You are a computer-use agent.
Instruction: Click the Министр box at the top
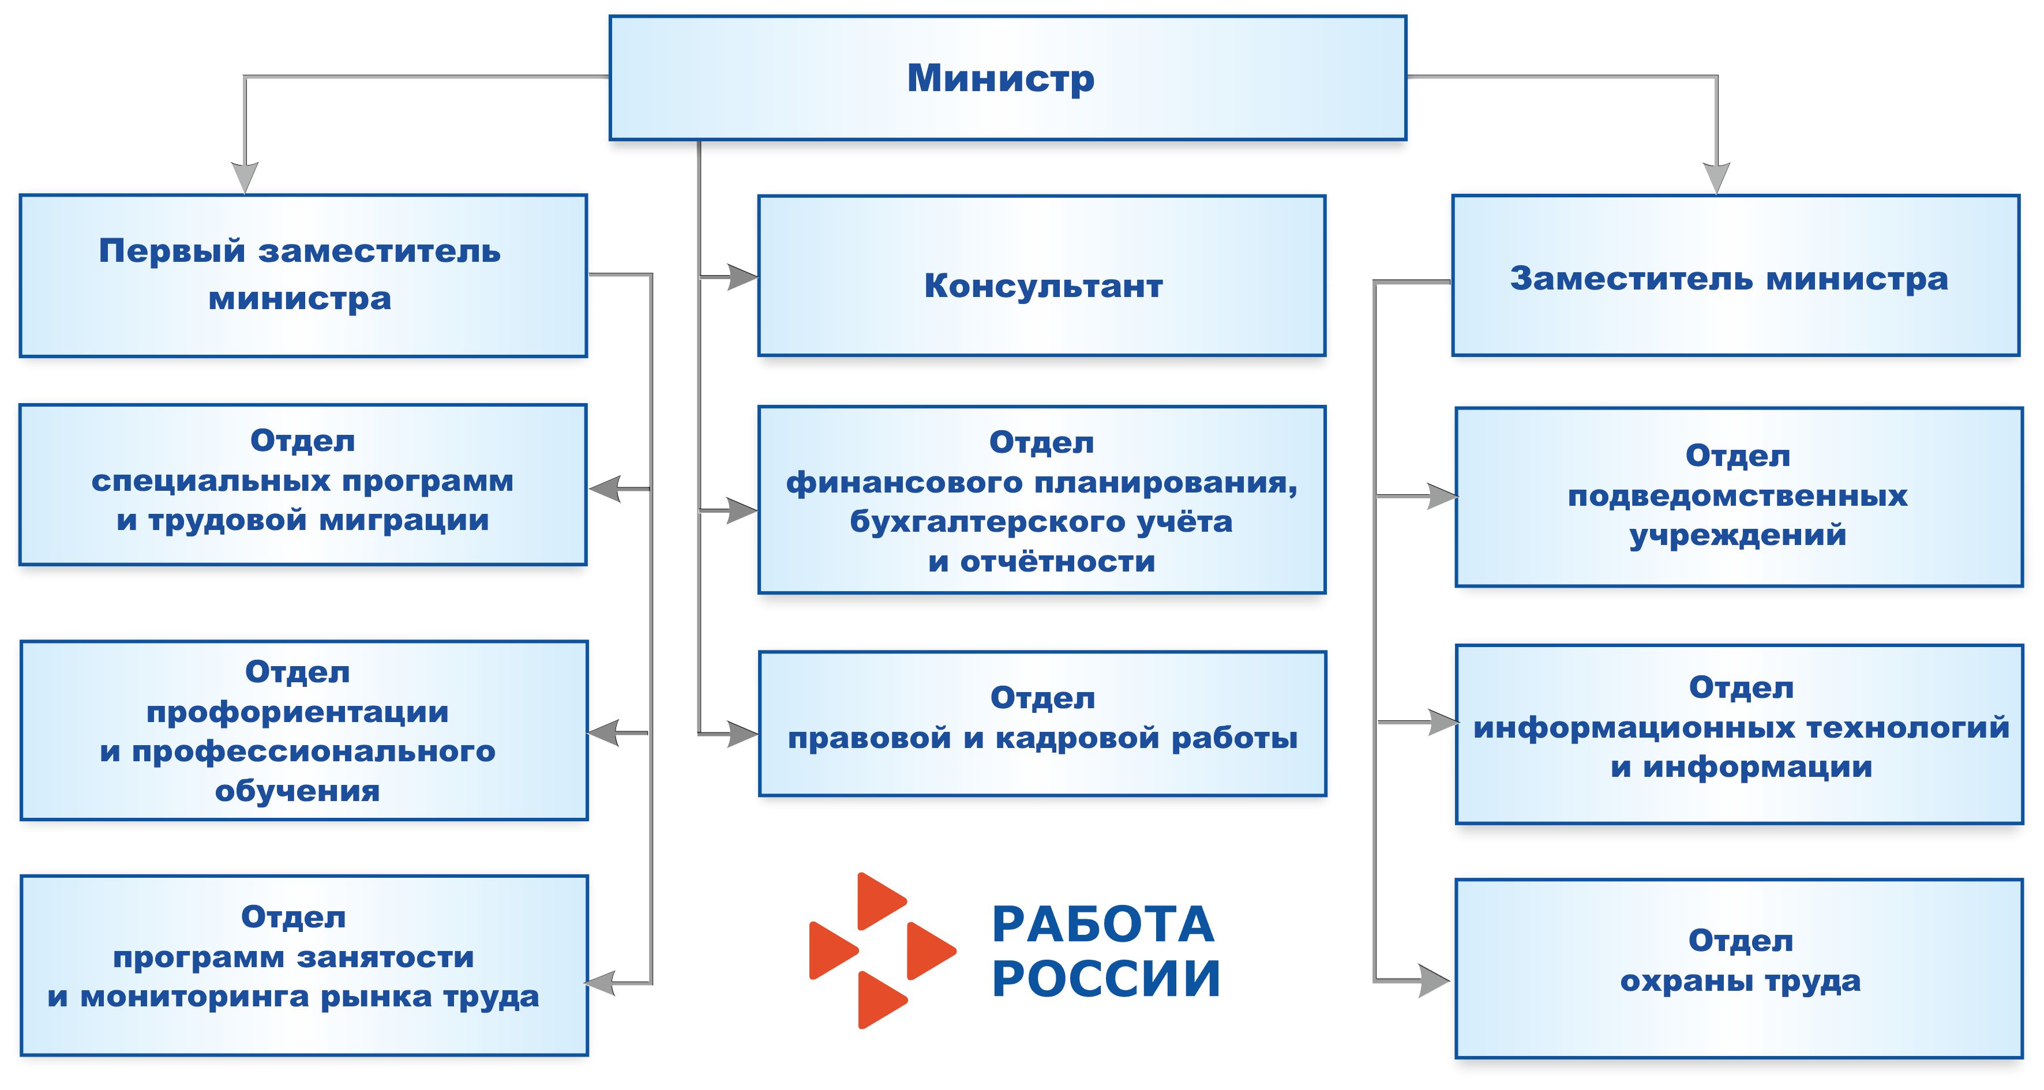pyautogui.click(x=1008, y=78)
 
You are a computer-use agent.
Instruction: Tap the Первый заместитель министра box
pyautogui.click(x=303, y=275)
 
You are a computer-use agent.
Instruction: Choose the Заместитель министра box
pyautogui.click(x=1735, y=275)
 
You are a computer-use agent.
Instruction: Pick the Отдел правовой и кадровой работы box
pyautogui.click(x=1042, y=723)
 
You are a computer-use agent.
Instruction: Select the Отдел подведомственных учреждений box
pyautogui.click(x=1739, y=497)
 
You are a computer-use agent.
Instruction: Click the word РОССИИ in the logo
pyautogui.click(x=1106, y=978)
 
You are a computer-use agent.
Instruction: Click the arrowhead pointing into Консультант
pyautogui.click(x=744, y=277)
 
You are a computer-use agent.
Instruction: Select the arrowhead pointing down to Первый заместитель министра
pyautogui.click(x=245, y=178)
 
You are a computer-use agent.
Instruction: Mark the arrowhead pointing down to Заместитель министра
pyautogui.click(x=1716, y=178)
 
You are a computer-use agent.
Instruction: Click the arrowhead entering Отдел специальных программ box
pyautogui.click(x=605, y=488)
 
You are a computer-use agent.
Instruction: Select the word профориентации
pyautogui.click(x=298, y=712)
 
